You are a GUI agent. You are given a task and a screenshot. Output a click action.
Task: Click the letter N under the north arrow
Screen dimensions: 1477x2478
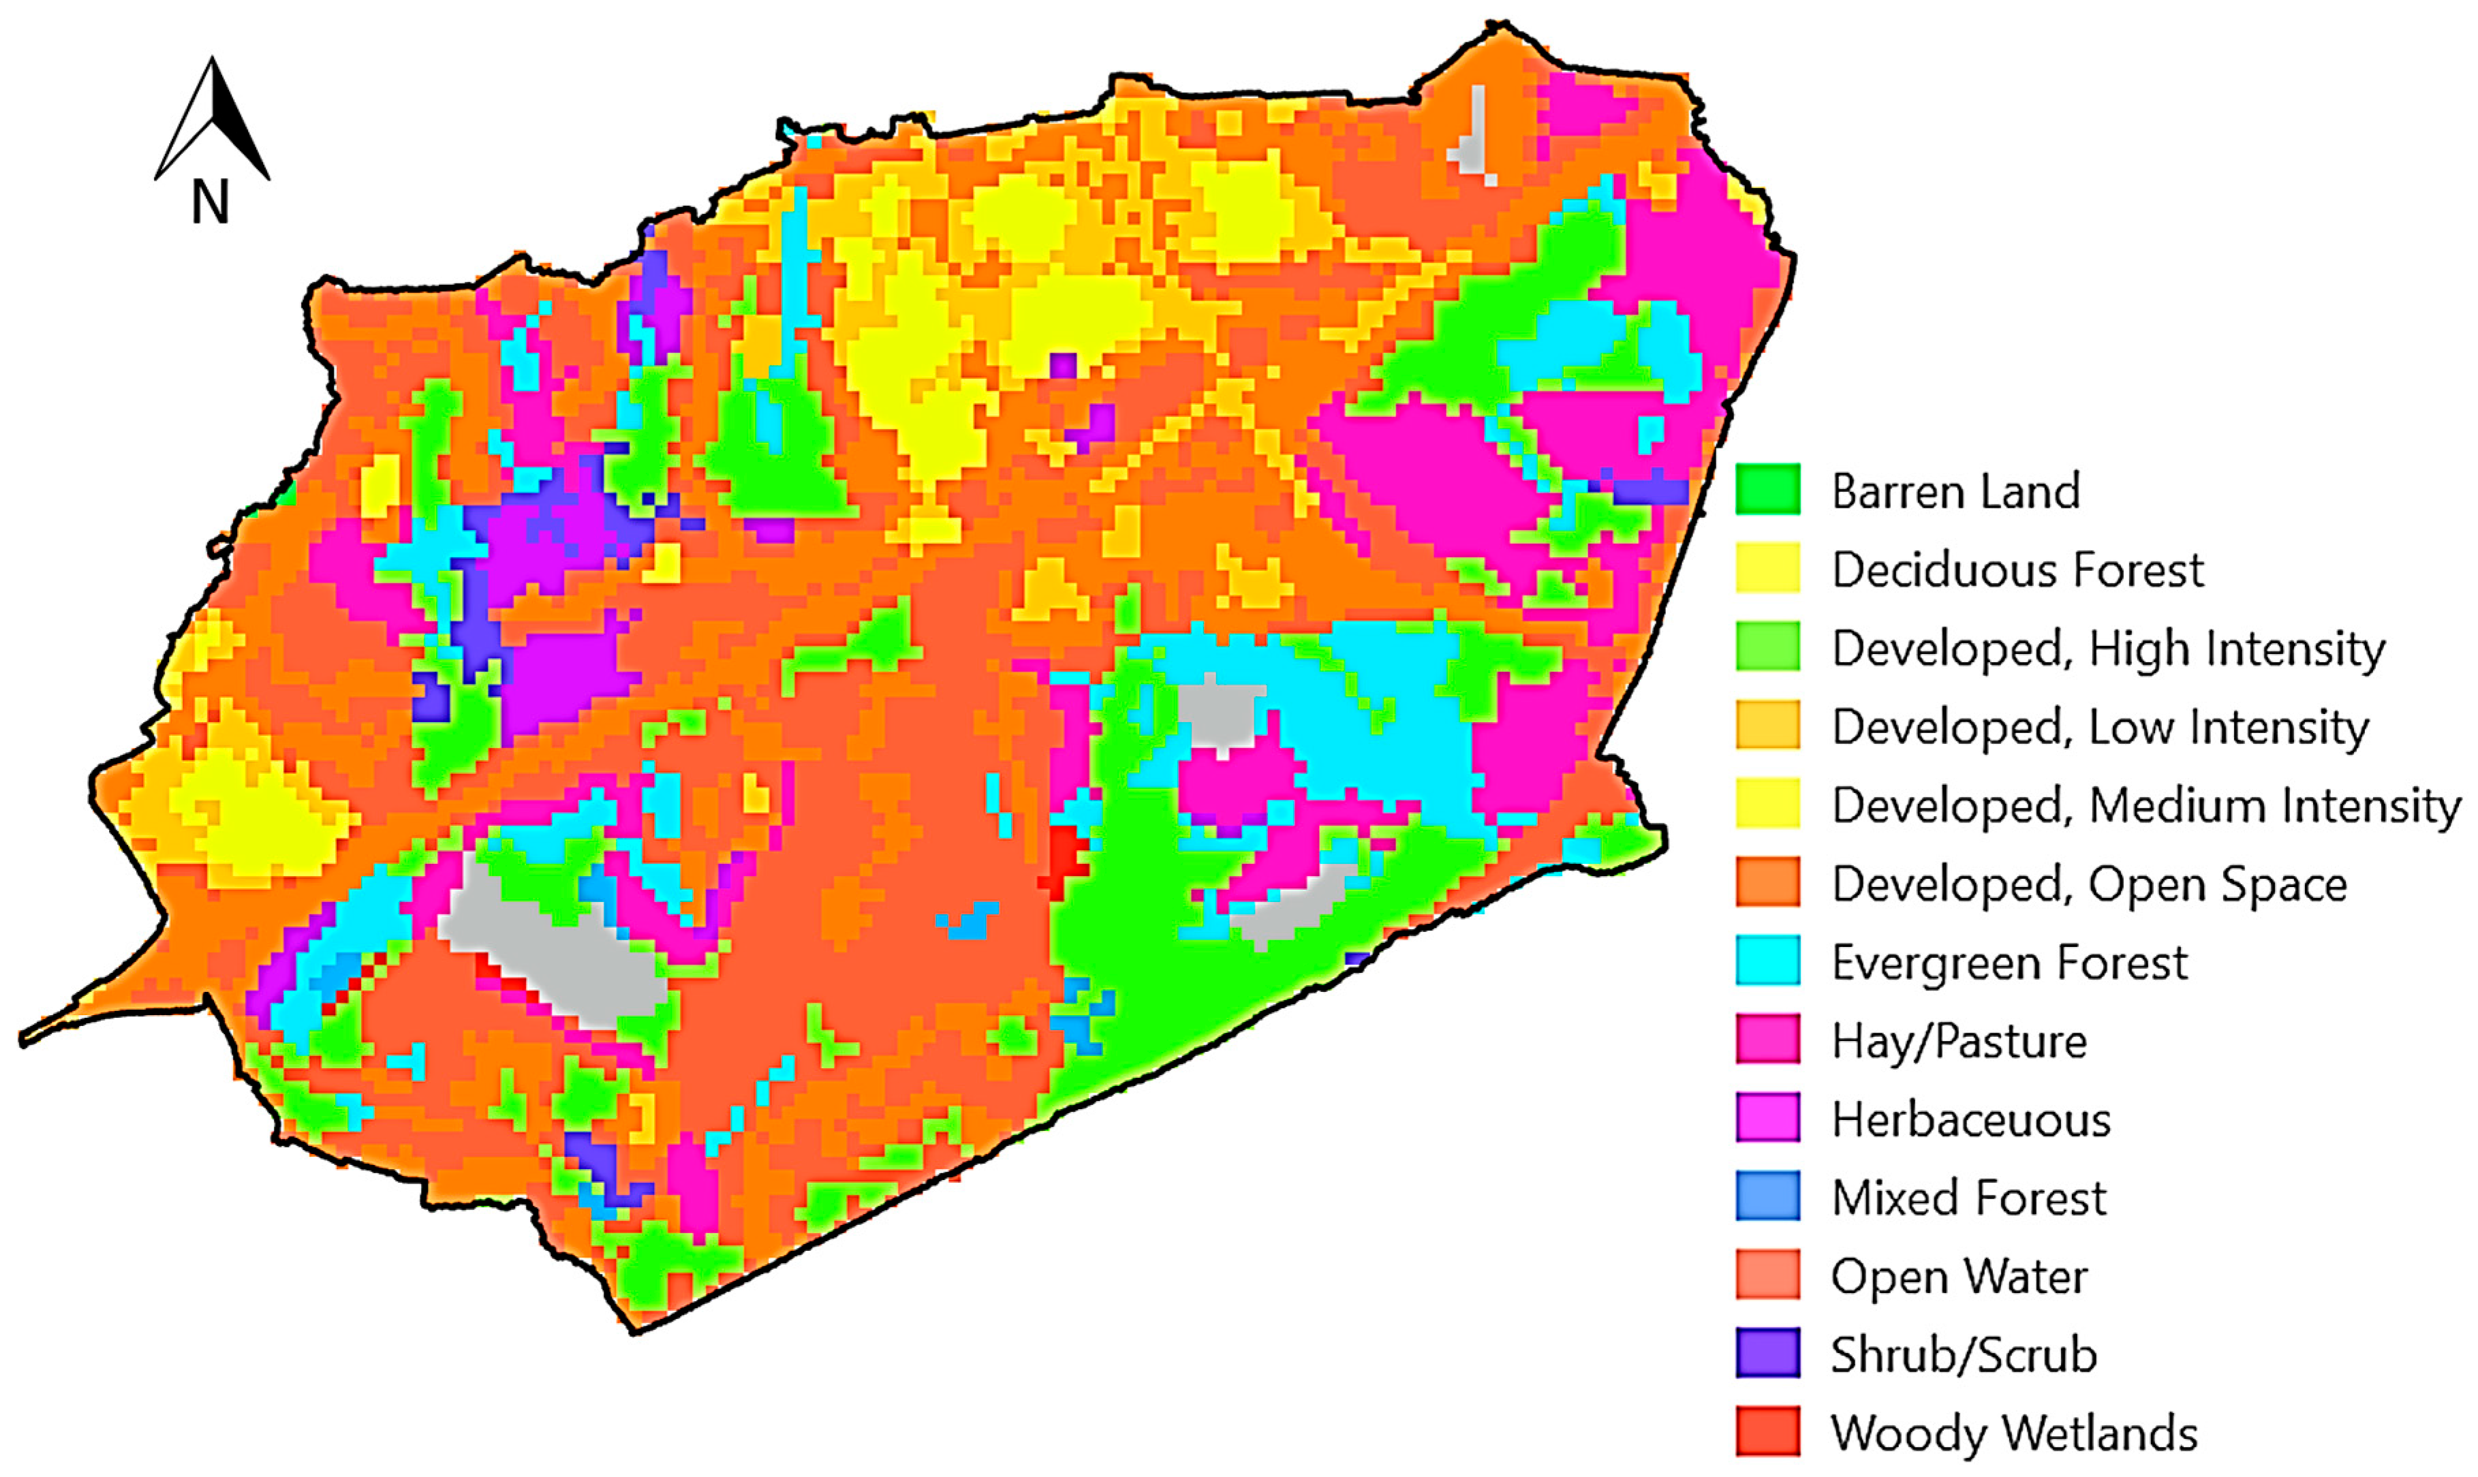tap(209, 202)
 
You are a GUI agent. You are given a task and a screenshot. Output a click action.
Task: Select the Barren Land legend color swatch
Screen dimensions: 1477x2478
tap(1767, 490)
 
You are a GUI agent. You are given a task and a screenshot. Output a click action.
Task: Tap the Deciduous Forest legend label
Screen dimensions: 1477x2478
tap(2017, 570)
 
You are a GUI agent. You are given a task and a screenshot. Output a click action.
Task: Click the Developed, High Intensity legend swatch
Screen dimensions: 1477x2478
tap(1767, 647)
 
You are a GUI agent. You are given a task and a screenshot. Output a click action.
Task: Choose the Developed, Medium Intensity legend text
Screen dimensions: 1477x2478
tap(2146, 805)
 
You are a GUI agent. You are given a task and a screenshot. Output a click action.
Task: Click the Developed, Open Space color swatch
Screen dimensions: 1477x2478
tap(1767, 883)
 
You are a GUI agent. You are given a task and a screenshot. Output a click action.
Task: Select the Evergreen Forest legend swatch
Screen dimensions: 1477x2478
tap(1767, 961)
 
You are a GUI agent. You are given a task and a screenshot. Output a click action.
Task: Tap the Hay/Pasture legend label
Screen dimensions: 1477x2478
tap(1959, 1041)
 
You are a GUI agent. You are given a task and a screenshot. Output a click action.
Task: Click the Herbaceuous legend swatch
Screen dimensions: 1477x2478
tap(1767, 1118)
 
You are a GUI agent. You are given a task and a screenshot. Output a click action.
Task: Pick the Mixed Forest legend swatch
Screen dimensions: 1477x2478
tap(1767, 1196)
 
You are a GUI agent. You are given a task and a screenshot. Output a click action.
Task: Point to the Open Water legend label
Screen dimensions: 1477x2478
tap(1959, 1277)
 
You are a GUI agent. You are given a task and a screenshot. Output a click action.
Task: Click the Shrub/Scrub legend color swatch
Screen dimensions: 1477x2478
tap(1767, 1354)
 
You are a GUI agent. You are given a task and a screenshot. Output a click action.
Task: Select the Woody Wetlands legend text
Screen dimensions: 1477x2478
tap(2014, 1434)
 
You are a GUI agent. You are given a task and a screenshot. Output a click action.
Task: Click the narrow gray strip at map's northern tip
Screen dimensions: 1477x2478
tap(1477, 134)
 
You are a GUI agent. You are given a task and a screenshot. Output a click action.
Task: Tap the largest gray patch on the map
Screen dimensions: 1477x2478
tap(557, 946)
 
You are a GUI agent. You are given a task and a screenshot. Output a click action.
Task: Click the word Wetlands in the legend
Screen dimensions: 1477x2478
tap(2100, 1434)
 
